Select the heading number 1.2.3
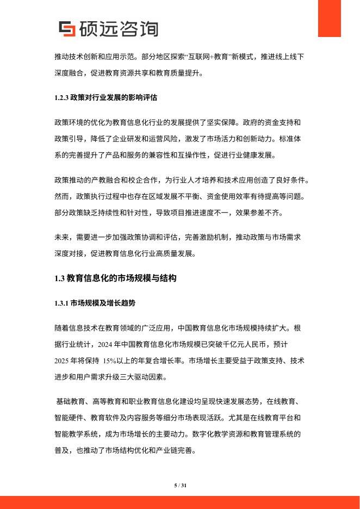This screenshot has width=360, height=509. coord(62,98)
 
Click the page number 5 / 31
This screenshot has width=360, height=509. coord(180,485)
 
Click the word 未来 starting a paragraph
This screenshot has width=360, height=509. coord(63,238)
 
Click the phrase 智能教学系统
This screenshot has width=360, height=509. coord(79,434)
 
